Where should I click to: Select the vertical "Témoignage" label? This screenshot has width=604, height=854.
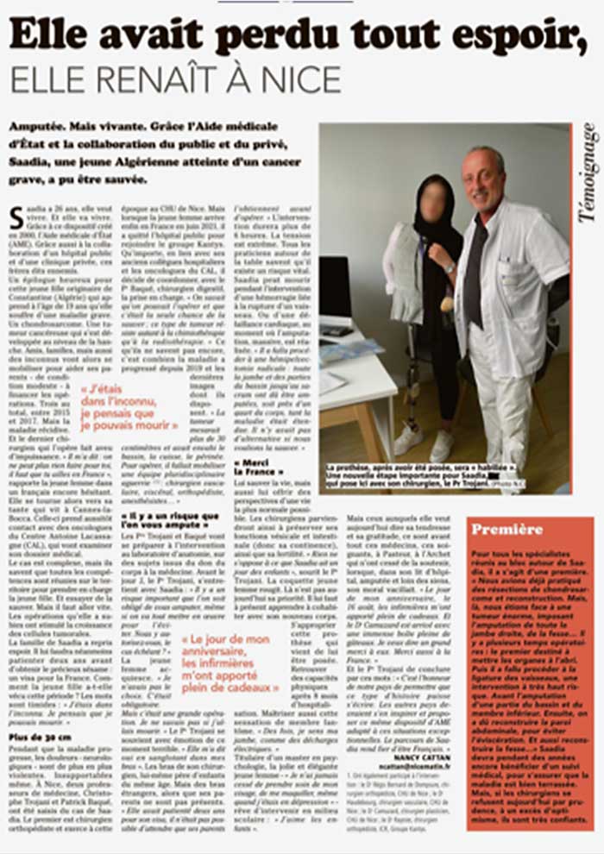pos(588,173)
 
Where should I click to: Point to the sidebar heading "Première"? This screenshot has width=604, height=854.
pos(507,529)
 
